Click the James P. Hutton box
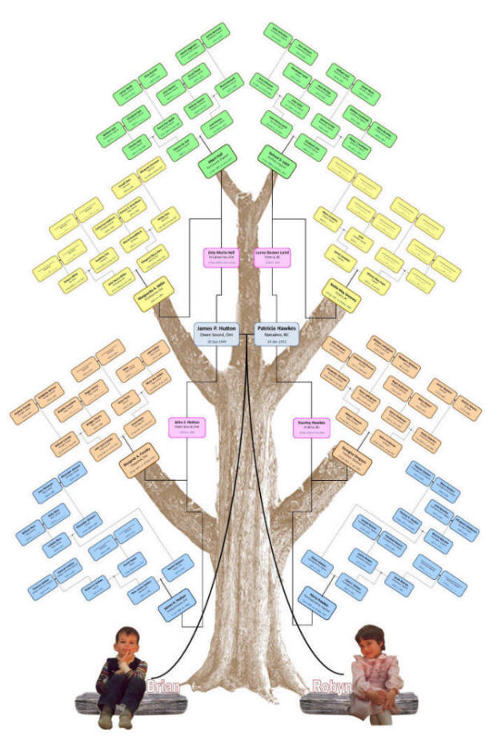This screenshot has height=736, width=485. coord(217,333)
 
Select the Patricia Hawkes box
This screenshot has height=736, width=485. coord(276,333)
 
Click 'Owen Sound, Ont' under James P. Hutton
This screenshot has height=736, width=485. coord(217,334)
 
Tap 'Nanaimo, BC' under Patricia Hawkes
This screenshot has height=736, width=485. coord(276,334)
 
